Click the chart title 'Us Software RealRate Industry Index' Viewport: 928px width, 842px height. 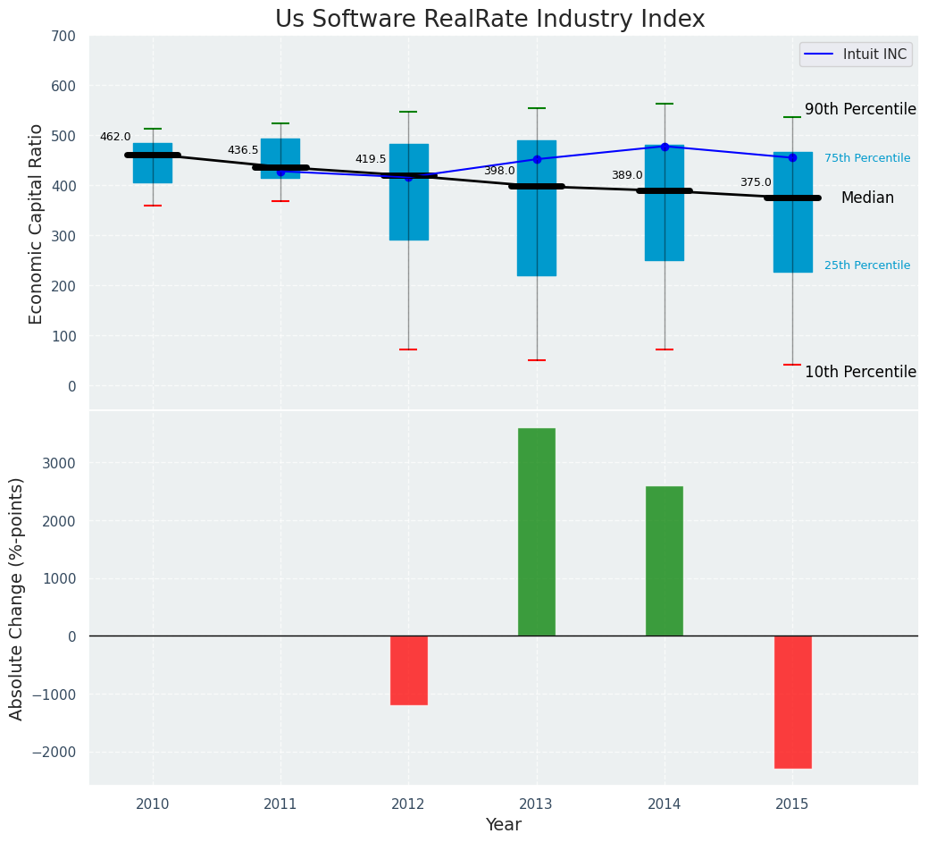tap(489, 20)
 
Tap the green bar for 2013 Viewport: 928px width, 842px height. tap(537, 532)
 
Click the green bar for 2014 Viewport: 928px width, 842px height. tap(665, 560)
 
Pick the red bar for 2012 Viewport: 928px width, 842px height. tap(408, 670)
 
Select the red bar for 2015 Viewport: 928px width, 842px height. tap(792, 702)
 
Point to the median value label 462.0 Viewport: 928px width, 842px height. tap(115, 137)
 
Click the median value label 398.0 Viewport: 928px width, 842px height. tap(499, 171)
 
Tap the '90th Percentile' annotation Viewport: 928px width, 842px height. tap(860, 109)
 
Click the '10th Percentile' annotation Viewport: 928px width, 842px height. tap(860, 372)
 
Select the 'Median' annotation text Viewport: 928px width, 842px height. tap(867, 198)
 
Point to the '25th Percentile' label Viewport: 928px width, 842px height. tap(867, 265)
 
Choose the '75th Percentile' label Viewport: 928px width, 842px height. tap(867, 158)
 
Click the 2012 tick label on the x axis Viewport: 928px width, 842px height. tap(408, 804)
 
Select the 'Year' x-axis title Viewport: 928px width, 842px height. tap(503, 825)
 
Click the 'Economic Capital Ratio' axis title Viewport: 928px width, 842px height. tap(37, 223)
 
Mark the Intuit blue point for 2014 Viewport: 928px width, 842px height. tap(665, 147)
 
